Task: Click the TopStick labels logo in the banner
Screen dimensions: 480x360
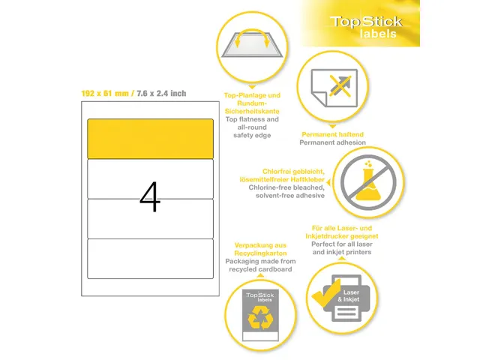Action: (366, 27)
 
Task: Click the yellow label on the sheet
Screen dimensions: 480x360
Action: (150, 139)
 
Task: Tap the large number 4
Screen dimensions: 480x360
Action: (150, 196)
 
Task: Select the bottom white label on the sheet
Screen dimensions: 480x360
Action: (150, 259)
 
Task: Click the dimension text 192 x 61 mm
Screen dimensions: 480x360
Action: (105, 93)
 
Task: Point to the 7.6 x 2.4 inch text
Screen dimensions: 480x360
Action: (161, 93)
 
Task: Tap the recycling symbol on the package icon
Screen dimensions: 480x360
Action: (260, 318)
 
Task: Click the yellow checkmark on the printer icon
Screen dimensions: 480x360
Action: (325, 293)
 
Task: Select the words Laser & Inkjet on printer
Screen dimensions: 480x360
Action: (349, 296)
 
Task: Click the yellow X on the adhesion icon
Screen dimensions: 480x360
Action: (340, 86)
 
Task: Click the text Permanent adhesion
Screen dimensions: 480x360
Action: (332, 142)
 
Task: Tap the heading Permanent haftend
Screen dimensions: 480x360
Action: (332, 134)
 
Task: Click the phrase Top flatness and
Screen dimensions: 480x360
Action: (252, 119)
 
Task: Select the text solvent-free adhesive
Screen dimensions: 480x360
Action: (290, 195)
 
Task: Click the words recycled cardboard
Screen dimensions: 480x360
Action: (260, 269)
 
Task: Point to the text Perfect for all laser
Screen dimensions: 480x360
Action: (342, 244)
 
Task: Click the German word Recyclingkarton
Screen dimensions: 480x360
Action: (260, 253)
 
